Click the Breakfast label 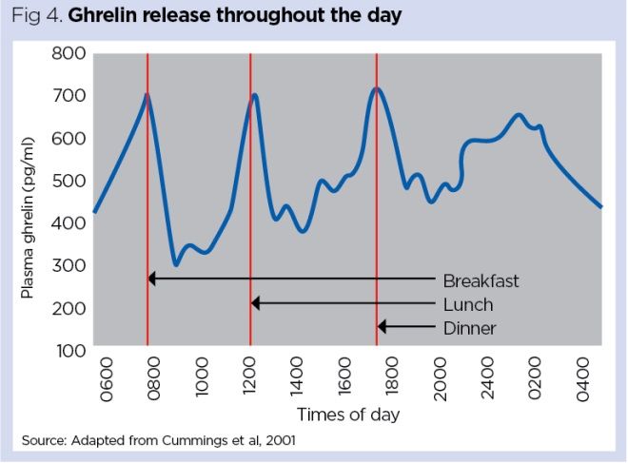click(x=481, y=281)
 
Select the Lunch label click(x=468, y=305)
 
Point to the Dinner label click(x=470, y=329)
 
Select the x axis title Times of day click(x=348, y=415)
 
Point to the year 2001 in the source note click(x=290, y=441)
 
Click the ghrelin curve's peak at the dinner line click(x=378, y=88)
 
